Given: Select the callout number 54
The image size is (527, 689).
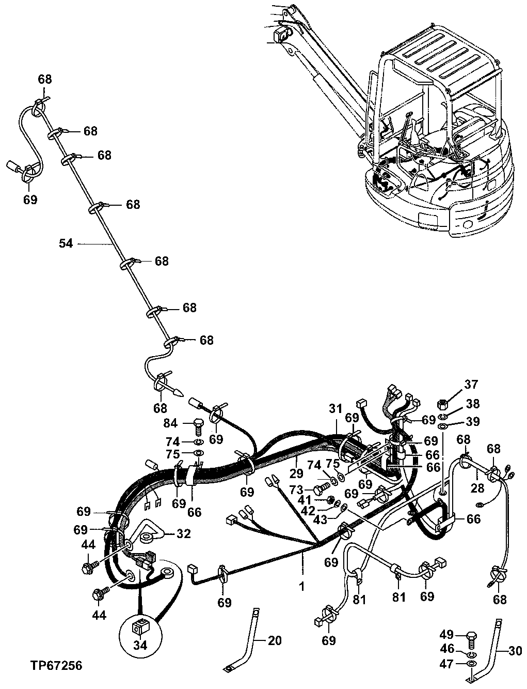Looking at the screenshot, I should point(66,243).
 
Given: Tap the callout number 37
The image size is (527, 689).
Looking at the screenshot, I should point(471,384).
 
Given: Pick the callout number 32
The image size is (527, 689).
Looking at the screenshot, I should point(183,533).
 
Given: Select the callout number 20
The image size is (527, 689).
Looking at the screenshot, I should point(275,640).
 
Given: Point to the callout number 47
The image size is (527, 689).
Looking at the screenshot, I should point(447,663).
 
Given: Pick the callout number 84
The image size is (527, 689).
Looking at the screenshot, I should point(170,423).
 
